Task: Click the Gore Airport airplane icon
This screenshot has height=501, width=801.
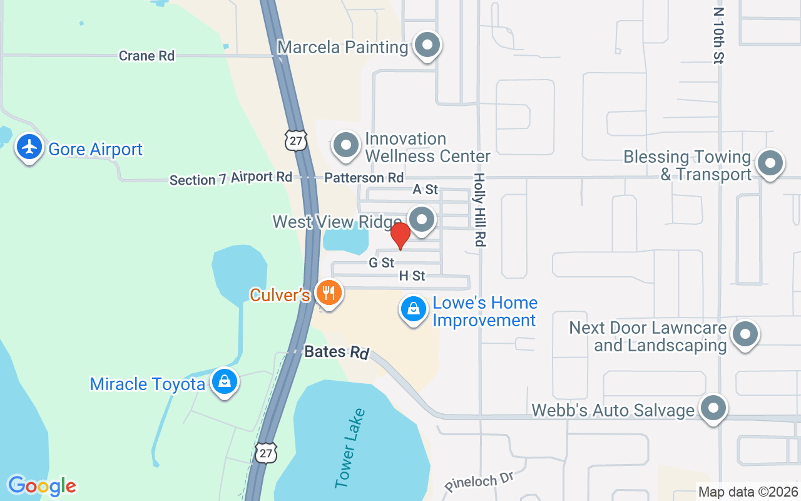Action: click(x=29, y=148)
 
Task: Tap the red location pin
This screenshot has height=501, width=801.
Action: click(x=400, y=236)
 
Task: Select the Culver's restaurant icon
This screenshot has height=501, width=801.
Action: click(x=329, y=292)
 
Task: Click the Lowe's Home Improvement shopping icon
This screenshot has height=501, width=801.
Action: click(x=414, y=309)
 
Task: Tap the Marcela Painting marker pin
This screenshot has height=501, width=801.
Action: click(x=428, y=45)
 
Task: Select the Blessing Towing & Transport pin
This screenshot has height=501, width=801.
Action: click(x=770, y=164)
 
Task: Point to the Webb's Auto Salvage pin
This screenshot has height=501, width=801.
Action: click(x=713, y=409)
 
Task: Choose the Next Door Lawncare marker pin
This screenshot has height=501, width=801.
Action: click(x=745, y=334)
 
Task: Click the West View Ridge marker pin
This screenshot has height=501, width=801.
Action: click(x=422, y=219)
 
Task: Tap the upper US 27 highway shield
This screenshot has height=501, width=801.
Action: click(x=295, y=140)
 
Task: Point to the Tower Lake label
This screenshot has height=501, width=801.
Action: click(x=350, y=448)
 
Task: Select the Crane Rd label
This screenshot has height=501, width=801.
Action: click(x=146, y=56)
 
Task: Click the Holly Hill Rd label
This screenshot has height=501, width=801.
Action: click(x=480, y=209)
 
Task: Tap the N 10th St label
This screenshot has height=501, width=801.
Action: click(x=718, y=35)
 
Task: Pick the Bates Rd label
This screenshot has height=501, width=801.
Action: click(x=336, y=352)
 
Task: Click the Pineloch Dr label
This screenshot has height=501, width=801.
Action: click(x=481, y=482)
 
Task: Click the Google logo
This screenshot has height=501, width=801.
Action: click(x=42, y=486)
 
